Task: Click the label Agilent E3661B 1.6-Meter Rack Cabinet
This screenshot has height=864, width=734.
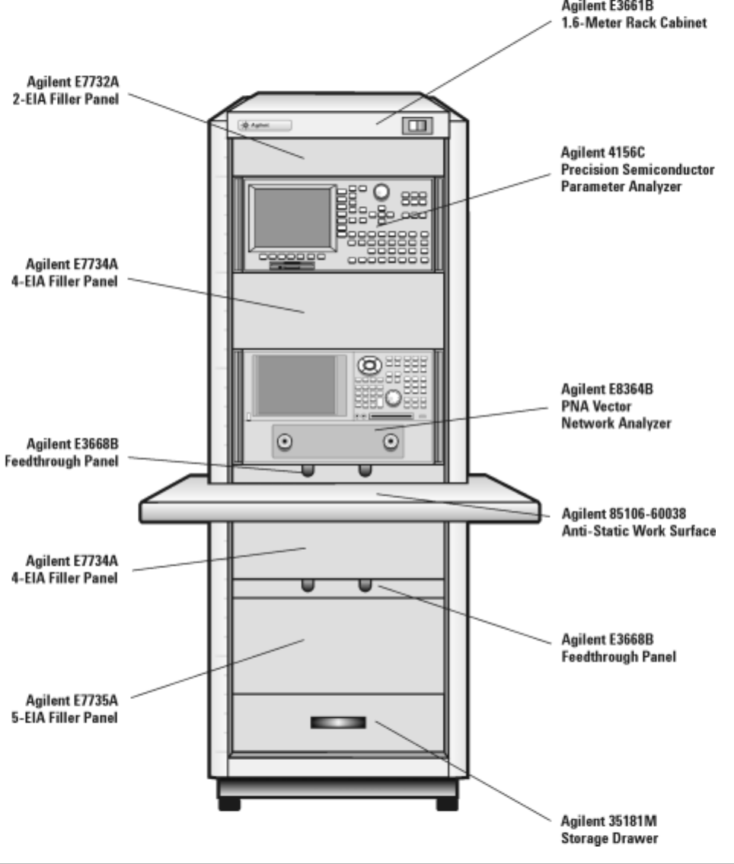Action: click(633, 14)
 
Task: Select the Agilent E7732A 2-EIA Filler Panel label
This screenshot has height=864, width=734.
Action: click(72, 91)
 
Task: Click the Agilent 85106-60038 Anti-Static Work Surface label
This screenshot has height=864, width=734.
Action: click(638, 523)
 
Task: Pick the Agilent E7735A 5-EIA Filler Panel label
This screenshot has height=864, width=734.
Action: click(72, 707)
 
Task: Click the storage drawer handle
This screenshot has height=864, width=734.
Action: click(337, 723)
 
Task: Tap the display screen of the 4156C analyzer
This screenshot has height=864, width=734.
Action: click(292, 218)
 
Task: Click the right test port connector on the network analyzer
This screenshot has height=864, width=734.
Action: click(391, 442)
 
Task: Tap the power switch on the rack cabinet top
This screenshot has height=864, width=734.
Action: click(417, 126)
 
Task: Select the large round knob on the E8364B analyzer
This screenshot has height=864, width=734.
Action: click(394, 397)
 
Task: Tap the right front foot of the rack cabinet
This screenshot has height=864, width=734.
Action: click(447, 802)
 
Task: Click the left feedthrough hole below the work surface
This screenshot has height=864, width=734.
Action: click(308, 584)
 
